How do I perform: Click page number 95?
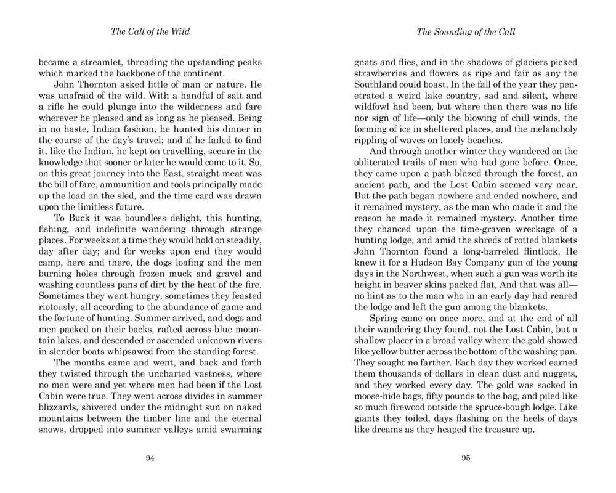465,457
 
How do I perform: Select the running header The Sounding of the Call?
465,31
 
